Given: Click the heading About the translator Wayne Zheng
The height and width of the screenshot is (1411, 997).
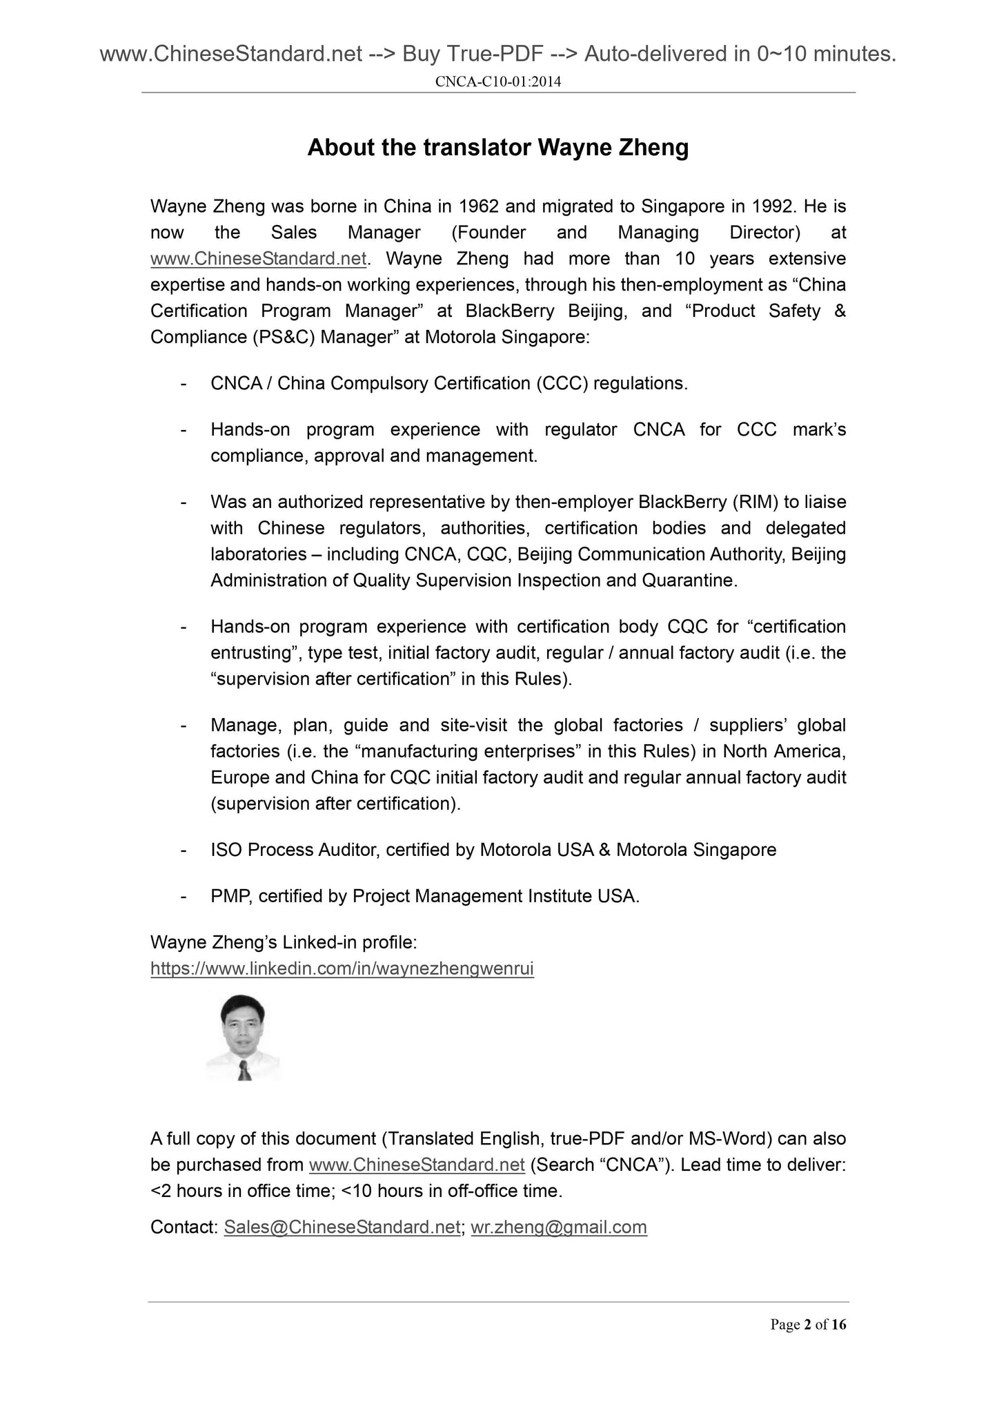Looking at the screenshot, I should click(x=497, y=148).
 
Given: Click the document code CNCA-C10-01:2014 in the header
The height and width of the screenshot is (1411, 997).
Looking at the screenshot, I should click(x=498, y=82).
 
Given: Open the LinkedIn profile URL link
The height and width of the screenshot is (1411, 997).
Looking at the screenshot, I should click(x=342, y=969).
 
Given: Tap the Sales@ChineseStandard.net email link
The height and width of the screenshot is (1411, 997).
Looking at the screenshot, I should click(x=342, y=1227).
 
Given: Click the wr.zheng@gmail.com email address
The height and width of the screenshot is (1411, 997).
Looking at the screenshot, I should click(x=558, y=1227).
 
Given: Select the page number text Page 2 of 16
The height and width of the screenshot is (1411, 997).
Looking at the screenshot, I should click(x=808, y=1325).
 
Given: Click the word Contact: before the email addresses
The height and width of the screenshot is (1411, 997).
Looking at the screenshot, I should click(x=184, y=1227).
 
